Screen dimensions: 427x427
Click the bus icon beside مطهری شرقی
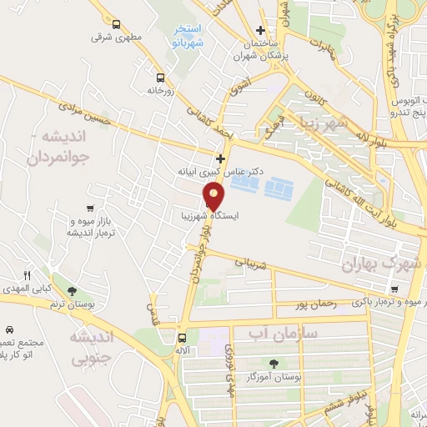coord(116,24)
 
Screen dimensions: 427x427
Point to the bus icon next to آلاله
coord(182,338)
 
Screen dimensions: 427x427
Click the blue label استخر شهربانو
coord(183,33)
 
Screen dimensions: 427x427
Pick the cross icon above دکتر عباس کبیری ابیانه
coord(220,158)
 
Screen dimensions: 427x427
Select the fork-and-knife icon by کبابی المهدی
coord(28,275)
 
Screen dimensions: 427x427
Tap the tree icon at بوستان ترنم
coord(72,291)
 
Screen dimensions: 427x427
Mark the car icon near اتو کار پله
coord(9,330)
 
